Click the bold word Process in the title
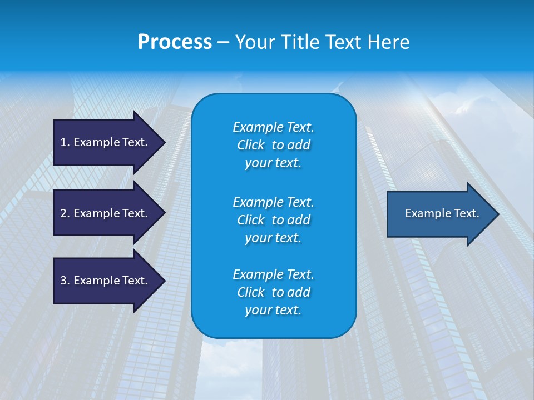[x=175, y=42]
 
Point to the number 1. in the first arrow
[x=65, y=142]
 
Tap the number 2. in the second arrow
[x=65, y=213]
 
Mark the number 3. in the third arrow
[x=65, y=281]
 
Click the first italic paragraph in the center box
[x=273, y=145]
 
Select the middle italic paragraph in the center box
[x=273, y=219]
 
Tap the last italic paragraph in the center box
[x=273, y=292]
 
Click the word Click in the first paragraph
[x=251, y=145]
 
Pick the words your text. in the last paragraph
[x=273, y=310]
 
